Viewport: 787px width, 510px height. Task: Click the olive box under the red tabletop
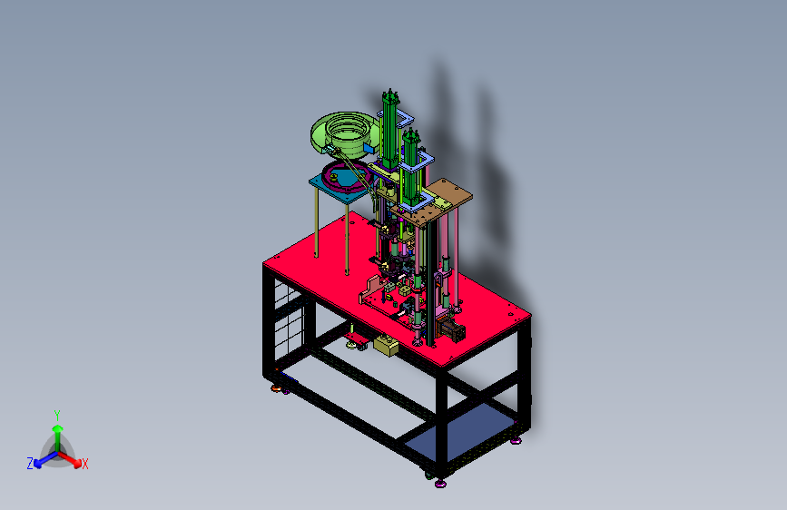(x=386, y=346)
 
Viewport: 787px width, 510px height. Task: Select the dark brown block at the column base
(x=451, y=329)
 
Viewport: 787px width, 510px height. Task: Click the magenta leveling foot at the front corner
(x=440, y=484)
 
